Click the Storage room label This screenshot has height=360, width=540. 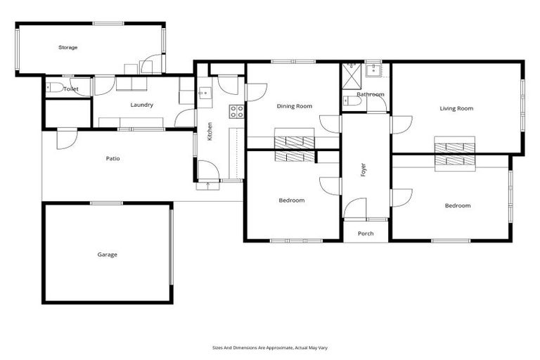67,47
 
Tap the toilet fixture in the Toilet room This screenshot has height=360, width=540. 54,88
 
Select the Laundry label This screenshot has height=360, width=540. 141,105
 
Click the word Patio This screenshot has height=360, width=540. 112,158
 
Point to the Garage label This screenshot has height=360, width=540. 107,255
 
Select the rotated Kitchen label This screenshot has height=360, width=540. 210,131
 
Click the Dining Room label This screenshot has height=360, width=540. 294,106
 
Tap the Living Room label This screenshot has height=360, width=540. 456,108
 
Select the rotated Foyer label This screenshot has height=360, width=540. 364,169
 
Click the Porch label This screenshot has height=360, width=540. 366,233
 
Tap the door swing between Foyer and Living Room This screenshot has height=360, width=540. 400,124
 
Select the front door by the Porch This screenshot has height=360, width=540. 356,209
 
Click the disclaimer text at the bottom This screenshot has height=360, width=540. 270,347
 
